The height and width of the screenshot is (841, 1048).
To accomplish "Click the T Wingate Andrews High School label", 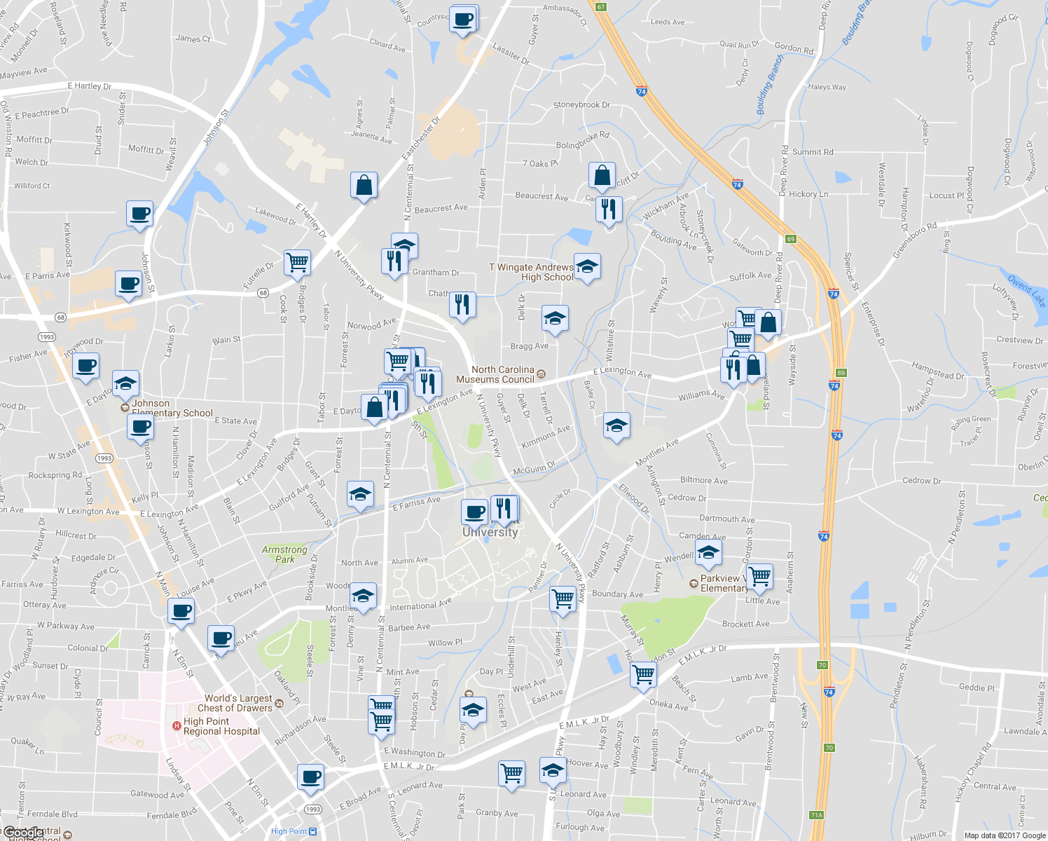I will point(531,272).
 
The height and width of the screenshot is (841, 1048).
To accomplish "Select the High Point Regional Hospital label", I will point(221,726).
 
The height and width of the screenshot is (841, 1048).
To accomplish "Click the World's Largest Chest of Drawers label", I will point(238,703).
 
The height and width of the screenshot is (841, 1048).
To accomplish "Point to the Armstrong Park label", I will point(284,554).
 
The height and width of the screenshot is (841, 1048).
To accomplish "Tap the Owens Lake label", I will point(1027,291).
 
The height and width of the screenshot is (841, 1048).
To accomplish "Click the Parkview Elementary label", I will point(724,583).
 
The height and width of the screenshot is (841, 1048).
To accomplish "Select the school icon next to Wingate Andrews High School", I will point(587,266).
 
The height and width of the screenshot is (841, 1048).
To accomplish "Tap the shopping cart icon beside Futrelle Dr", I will point(298,262).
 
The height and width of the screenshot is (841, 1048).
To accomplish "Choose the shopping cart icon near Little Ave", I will point(759,577).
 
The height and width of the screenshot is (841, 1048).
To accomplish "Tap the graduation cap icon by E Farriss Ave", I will point(360,494).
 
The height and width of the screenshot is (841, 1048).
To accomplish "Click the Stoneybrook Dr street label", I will point(581,105).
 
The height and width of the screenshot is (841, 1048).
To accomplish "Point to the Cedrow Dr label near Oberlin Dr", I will point(921,481).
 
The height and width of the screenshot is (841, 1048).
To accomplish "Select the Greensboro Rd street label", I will point(914,241).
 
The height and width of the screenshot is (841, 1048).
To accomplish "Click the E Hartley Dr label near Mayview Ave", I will point(90,86).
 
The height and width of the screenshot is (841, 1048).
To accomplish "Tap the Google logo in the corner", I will point(22,833).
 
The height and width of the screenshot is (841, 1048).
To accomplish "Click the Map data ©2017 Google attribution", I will point(1005,835).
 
